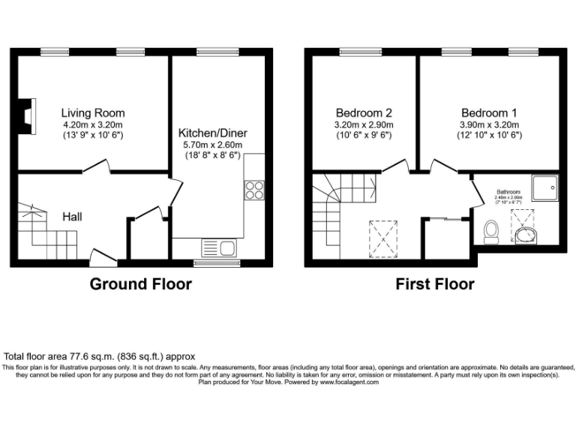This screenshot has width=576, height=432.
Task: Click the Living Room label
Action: [93, 113]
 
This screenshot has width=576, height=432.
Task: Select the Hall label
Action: [73, 217]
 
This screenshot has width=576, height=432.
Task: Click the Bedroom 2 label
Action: [364, 113]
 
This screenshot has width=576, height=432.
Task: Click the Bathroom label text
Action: [508, 192]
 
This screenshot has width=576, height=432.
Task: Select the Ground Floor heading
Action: [141, 284]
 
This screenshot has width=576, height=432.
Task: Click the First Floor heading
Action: [435, 284]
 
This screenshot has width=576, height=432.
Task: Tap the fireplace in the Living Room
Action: [27, 115]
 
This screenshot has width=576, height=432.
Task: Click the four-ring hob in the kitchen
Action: [254, 190]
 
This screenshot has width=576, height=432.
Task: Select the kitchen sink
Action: [219, 247]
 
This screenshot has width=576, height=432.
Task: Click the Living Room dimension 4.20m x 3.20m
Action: [93, 124]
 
